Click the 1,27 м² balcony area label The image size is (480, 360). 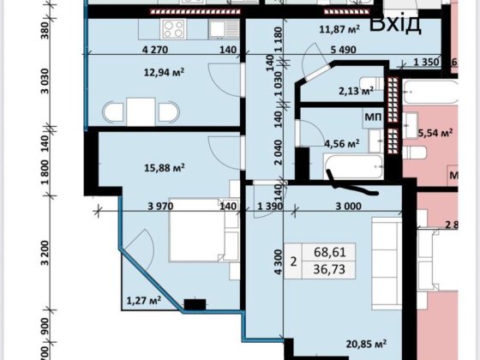tap(143, 300)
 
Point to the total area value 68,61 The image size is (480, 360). tap(335, 253)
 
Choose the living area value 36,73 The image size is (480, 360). tap(335, 271)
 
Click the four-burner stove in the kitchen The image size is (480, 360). tap(174, 29)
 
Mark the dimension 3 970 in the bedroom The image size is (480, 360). tap(162, 206)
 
